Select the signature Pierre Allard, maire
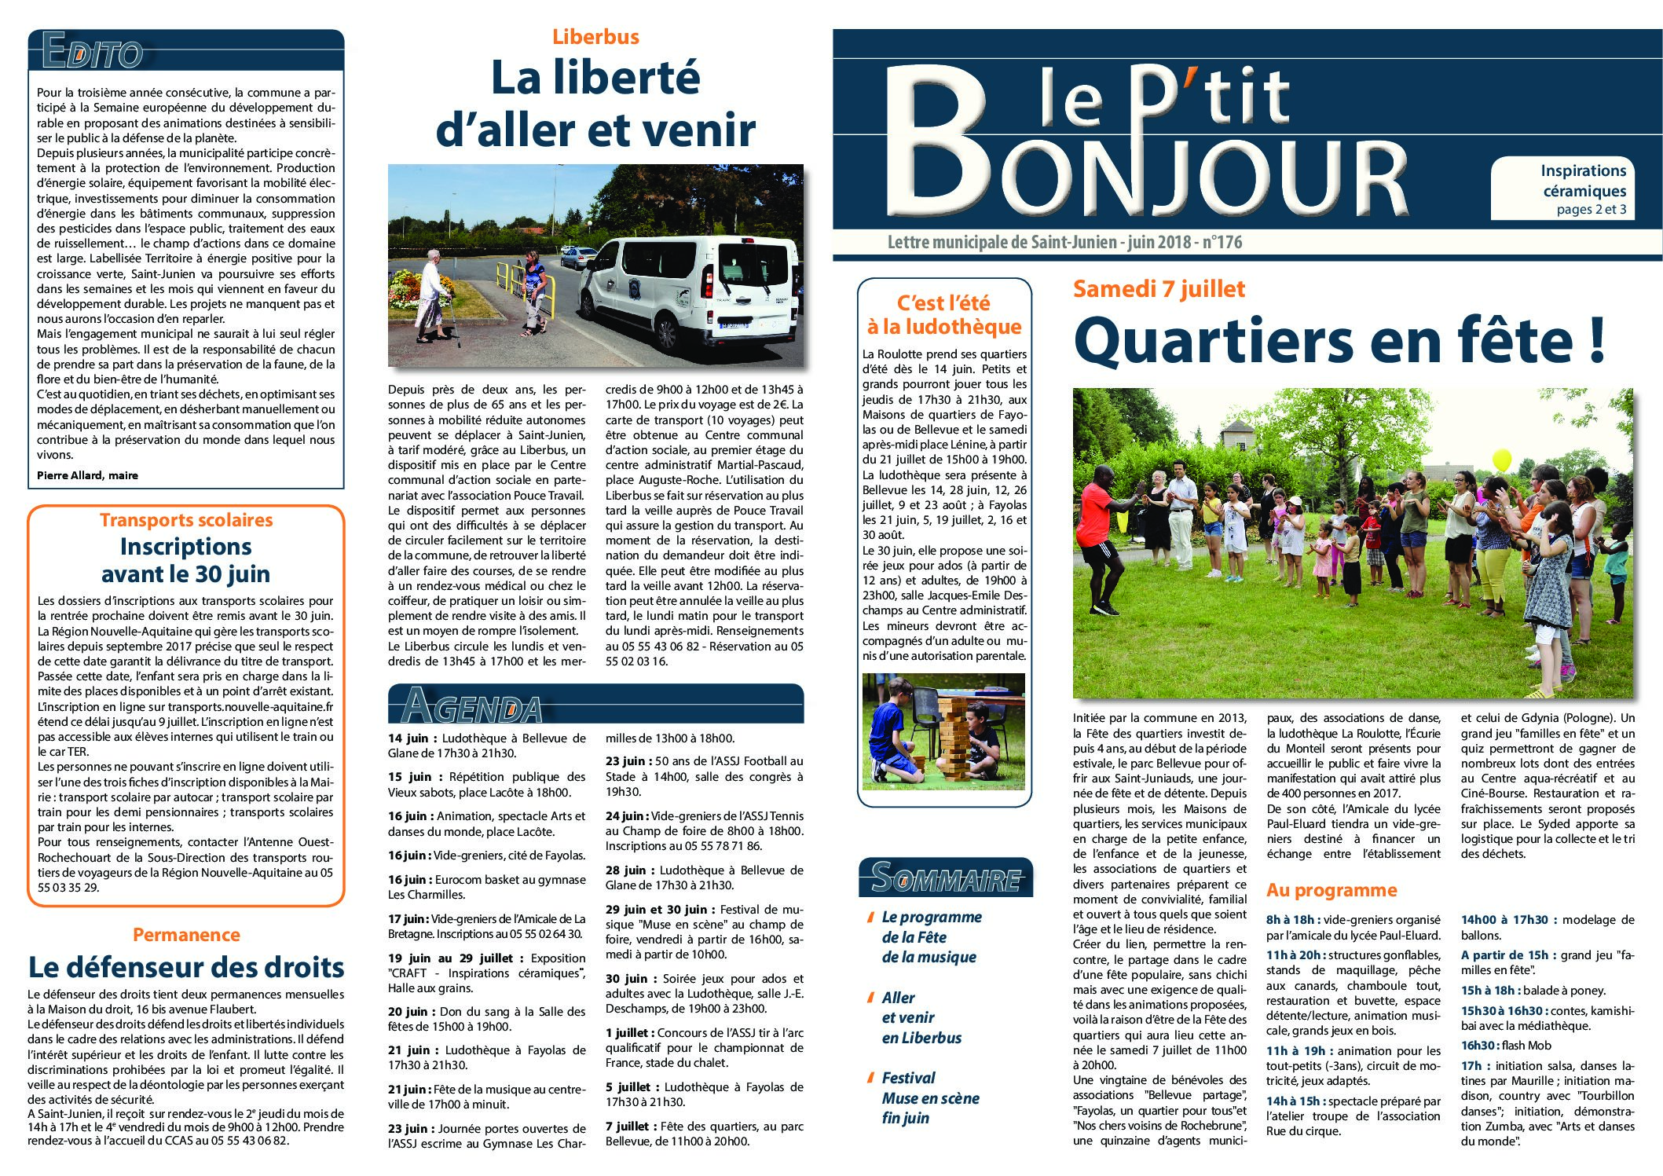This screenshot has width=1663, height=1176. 87,474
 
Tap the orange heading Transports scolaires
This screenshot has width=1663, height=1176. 186,520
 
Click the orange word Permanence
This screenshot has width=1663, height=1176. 186,935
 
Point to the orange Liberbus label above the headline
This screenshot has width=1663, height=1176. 595,36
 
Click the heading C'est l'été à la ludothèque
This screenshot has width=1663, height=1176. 943,314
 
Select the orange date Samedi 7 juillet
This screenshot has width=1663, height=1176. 1159,289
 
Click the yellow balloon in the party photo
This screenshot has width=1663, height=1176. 1501,460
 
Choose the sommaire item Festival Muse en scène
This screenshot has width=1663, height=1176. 930,1097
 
